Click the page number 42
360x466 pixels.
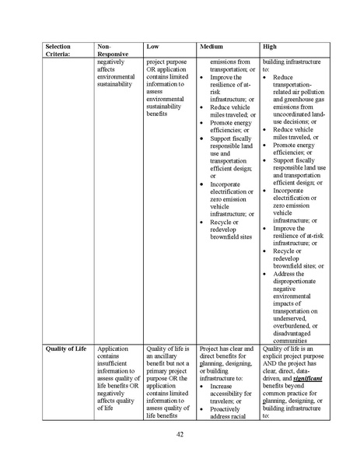pyautogui.click(x=180, y=433)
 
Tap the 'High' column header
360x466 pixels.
pyautogui.click(x=270, y=47)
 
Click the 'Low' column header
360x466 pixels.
pyautogui.click(x=153, y=47)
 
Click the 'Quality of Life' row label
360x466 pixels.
pyautogui.click(x=65, y=349)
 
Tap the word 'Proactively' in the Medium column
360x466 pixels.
pyautogui.click(x=228, y=408)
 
